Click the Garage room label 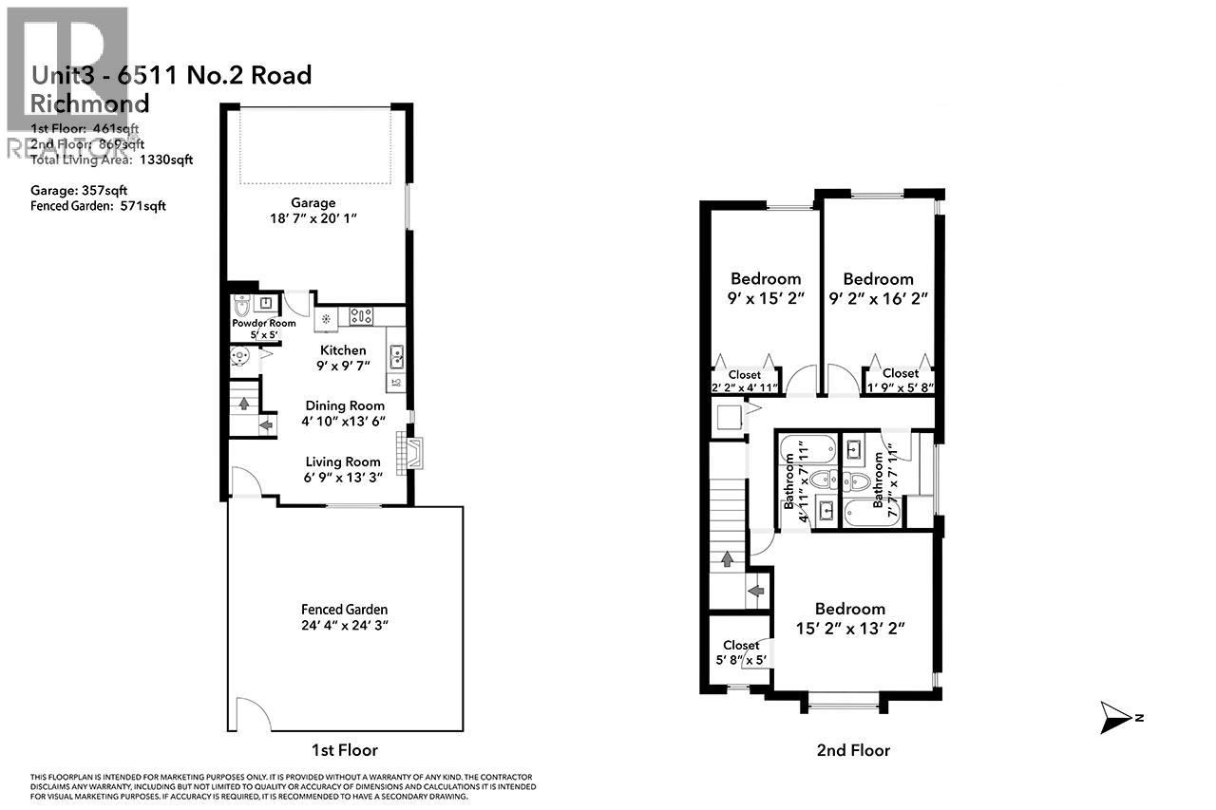(313, 202)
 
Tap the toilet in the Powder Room (242, 305)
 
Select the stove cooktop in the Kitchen (362, 315)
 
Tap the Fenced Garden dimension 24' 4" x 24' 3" (344, 626)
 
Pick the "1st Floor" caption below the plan (344, 750)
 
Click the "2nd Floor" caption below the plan (853, 750)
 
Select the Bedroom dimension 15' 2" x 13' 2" (850, 627)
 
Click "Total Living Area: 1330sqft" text (112, 160)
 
